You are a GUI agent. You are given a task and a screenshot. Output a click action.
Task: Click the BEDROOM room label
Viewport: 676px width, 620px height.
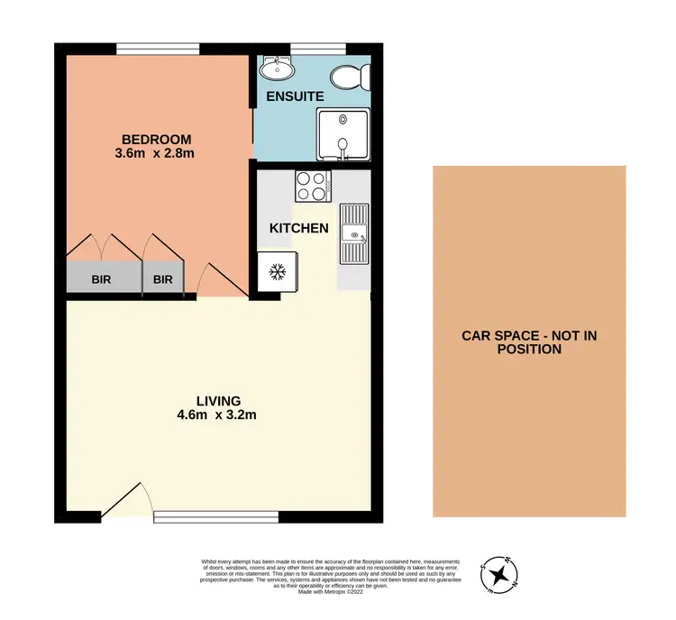coord(157,139)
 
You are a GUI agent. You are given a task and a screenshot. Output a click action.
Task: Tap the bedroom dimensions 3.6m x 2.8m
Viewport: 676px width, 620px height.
coord(157,153)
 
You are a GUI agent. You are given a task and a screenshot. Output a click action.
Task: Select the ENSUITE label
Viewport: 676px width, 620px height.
coord(288,95)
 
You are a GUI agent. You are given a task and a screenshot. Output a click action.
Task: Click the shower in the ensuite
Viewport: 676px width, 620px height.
coord(343,135)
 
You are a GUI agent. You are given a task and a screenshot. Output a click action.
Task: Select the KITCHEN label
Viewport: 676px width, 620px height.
coord(299,228)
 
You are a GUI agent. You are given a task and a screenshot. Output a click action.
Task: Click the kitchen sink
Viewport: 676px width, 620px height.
coord(354,234)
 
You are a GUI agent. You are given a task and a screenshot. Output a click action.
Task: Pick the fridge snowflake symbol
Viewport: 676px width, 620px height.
coord(279,270)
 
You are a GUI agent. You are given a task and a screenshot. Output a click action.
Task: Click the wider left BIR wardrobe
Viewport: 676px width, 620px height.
coord(103,279)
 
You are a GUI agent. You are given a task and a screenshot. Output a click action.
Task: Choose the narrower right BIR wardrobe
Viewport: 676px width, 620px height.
coord(162,279)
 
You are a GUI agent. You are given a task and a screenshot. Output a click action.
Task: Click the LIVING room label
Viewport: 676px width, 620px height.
coord(219,400)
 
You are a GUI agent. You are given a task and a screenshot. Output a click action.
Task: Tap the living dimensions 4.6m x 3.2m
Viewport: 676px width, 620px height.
coord(219,415)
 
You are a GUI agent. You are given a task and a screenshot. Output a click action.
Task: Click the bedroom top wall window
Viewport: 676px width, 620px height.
coord(158,49)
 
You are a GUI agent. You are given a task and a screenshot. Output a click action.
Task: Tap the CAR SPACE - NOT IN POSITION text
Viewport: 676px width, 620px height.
coord(529,342)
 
